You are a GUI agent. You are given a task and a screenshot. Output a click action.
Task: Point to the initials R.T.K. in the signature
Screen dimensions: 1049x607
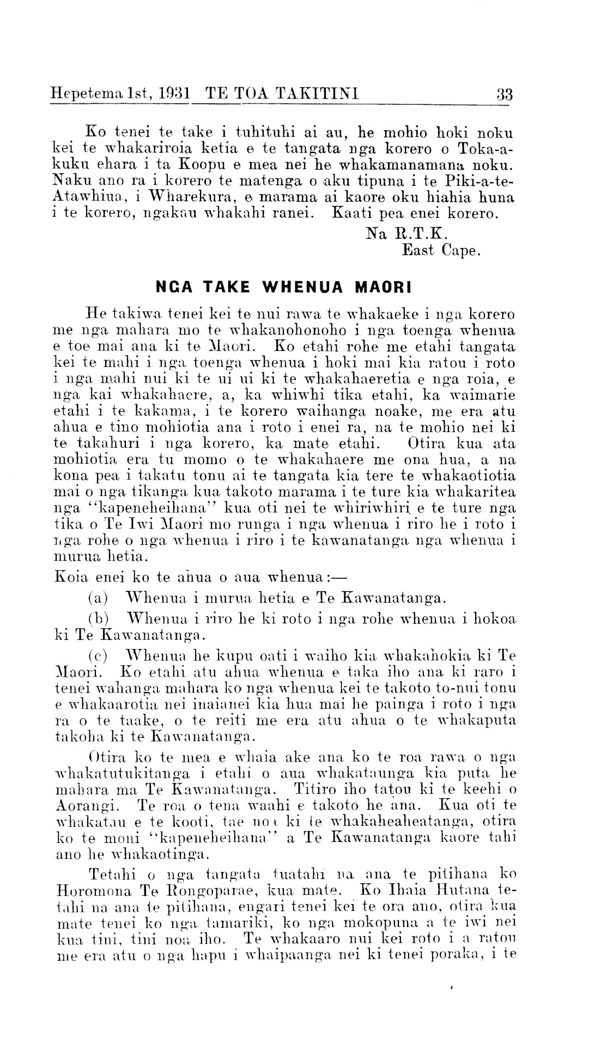(420, 234)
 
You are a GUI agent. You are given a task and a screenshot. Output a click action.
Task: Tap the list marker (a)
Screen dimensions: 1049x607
(98, 599)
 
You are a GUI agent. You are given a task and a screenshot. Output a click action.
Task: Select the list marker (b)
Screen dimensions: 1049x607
(99, 620)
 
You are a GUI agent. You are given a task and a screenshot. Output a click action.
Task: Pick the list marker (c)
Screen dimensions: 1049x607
(98, 654)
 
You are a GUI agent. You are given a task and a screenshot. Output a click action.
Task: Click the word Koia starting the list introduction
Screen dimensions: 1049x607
(70, 577)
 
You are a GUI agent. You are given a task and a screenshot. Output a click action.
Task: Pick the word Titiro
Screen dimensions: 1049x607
(314, 789)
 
